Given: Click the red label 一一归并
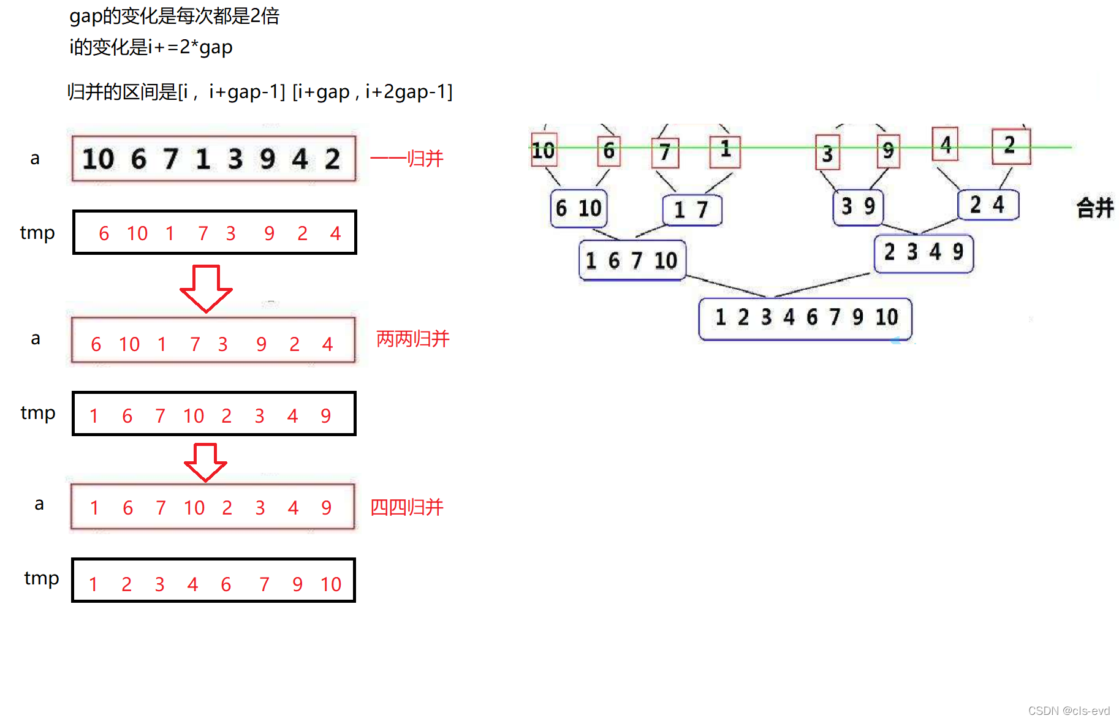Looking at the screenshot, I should pyautogui.click(x=406, y=159).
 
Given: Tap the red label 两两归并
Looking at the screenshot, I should pyautogui.click(x=412, y=339).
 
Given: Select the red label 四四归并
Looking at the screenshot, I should pyautogui.click(x=406, y=507).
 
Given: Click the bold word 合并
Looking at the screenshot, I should pyautogui.click(x=1094, y=208).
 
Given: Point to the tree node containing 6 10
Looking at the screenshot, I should pyautogui.click(x=578, y=208).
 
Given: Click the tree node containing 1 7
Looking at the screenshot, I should pyautogui.click(x=692, y=210).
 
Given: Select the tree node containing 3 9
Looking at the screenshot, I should pyautogui.click(x=858, y=206).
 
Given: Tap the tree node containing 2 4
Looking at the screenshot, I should pyautogui.click(x=987, y=205).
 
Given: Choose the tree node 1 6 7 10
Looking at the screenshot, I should pyautogui.click(x=631, y=260).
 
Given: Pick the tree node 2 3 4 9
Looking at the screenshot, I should pyautogui.click(x=923, y=252).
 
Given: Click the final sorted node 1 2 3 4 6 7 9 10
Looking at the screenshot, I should pyautogui.click(x=805, y=317).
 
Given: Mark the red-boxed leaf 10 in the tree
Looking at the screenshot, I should pyautogui.click(x=544, y=150).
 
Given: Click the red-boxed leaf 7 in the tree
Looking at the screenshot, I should pyautogui.click(x=665, y=152).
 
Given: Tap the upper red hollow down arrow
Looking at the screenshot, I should pyautogui.click(x=206, y=288).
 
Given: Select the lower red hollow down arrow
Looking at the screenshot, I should pyautogui.click(x=206, y=462).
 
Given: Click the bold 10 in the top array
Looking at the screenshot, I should pyautogui.click(x=98, y=159).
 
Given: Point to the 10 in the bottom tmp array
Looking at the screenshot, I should pyautogui.click(x=331, y=584).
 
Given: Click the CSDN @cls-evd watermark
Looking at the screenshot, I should pyautogui.click(x=1069, y=711).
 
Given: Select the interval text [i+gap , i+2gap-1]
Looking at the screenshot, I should pyautogui.click(x=372, y=92).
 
